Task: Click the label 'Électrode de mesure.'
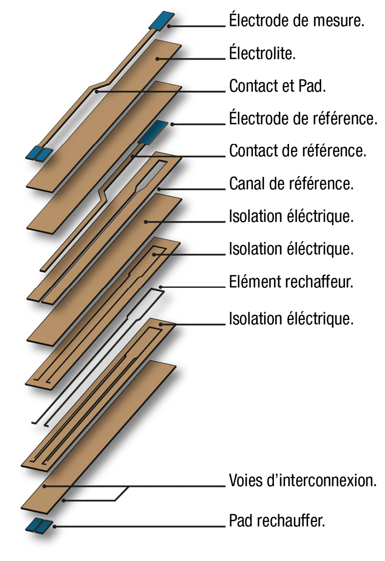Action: point(296,20)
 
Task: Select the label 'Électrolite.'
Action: point(262,53)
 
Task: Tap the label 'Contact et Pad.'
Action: point(277,86)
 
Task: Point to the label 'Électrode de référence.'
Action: point(303,118)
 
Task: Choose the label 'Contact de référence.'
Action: point(298,151)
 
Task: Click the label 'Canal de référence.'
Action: point(291,183)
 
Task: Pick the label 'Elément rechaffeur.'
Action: point(291,281)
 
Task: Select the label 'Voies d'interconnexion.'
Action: point(303,480)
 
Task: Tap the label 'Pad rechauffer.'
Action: point(277,521)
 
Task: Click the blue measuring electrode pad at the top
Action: point(162,20)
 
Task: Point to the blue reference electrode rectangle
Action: point(153,132)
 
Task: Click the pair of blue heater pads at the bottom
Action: point(38,525)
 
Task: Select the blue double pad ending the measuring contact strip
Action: point(39,153)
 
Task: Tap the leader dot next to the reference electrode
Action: point(172,124)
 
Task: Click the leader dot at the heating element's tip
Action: point(161,287)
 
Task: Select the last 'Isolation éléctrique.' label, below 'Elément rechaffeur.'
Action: point(291,319)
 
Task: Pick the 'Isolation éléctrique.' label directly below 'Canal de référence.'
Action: point(291,216)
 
